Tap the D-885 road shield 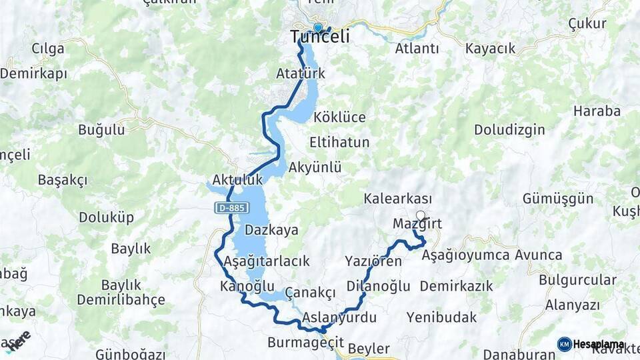point(232,208)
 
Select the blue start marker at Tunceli point(318,28)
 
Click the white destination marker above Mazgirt point(420,215)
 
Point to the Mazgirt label point(417,224)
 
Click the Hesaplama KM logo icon point(565,344)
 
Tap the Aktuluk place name point(237,180)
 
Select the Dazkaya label point(271,231)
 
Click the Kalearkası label point(398,199)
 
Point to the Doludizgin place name point(510,130)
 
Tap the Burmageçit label point(305,343)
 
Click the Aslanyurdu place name point(339,317)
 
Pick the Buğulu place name point(101,130)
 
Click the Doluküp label point(107,217)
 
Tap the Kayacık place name point(491,49)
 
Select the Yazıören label point(373,261)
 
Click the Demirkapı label point(33,74)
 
